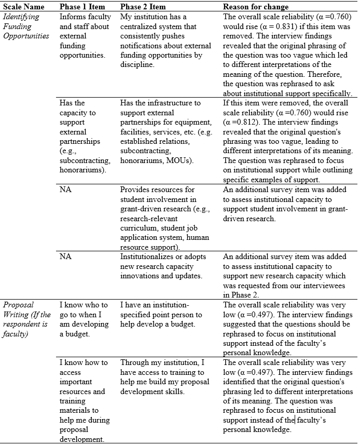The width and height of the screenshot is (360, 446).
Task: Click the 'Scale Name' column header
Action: pos(23,7)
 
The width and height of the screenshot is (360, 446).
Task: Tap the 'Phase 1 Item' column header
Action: pos(82,7)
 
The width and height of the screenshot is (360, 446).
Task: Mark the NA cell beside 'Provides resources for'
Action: pos(65,190)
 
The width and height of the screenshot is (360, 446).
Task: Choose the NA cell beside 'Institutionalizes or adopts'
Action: pos(65,256)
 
